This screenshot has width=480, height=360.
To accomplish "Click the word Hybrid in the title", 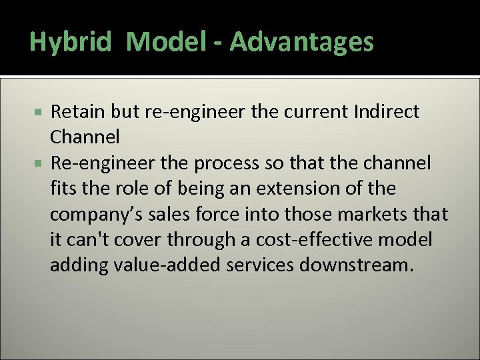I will point(71,43).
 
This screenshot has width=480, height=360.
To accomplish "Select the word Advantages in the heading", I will point(302,43).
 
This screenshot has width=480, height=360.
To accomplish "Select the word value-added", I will point(163,265).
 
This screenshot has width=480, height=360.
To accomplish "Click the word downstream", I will point(357,265).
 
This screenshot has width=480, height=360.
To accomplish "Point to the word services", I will point(257,265).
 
